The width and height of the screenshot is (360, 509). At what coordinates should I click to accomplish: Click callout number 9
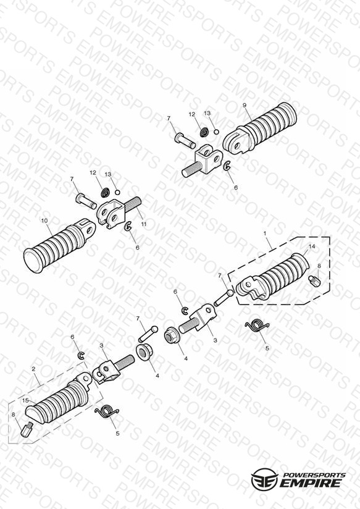[245, 105]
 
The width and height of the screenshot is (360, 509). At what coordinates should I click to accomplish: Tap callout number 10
[44, 221]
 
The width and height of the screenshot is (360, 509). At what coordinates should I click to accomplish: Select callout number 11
[144, 224]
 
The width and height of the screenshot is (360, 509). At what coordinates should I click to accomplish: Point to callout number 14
[312, 246]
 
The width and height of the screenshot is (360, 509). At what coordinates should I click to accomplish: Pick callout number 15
[26, 400]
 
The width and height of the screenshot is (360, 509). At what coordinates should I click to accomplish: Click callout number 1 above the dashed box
[265, 233]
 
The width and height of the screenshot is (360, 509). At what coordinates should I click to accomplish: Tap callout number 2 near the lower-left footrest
[33, 369]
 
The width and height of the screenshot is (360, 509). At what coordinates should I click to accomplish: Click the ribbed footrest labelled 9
[260, 129]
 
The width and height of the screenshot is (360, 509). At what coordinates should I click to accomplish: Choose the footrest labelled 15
[58, 398]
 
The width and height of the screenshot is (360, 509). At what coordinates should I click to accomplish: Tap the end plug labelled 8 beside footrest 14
[315, 281]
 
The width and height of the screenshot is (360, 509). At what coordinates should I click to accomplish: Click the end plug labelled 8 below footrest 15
[27, 429]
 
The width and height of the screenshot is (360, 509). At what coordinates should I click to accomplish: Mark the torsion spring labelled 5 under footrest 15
[107, 411]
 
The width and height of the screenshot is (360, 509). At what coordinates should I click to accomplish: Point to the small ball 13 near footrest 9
[216, 132]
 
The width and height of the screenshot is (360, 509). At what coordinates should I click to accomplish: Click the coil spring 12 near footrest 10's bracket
[106, 193]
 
